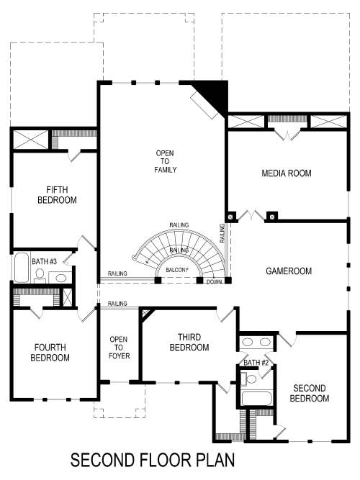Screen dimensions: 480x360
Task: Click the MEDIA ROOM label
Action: [286, 173]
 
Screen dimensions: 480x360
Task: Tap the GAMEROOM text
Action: [288, 271]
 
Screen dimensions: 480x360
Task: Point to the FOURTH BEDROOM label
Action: [52, 353]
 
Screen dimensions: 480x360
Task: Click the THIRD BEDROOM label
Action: [189, 343]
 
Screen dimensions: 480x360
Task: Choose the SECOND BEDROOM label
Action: [309, 394]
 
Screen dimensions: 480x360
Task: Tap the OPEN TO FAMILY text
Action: [166, 161]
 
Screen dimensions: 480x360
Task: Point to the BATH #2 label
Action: [256, 362]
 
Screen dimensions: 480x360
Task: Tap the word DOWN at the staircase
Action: [214, 282]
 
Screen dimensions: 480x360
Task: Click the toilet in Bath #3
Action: [41, 274]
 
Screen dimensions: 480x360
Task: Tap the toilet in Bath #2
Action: [251, 379]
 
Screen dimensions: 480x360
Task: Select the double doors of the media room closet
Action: [287, 135]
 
